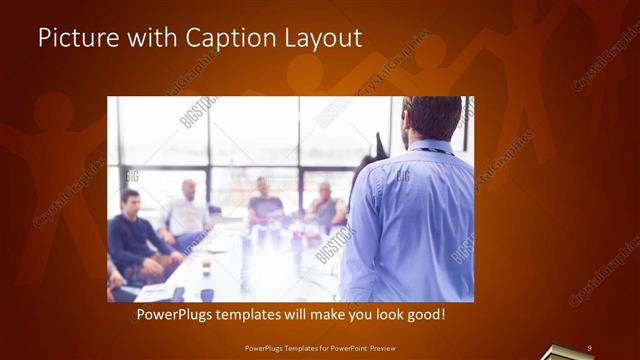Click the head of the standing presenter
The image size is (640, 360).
click(433, 118)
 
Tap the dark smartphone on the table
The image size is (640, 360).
click(178, 293)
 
